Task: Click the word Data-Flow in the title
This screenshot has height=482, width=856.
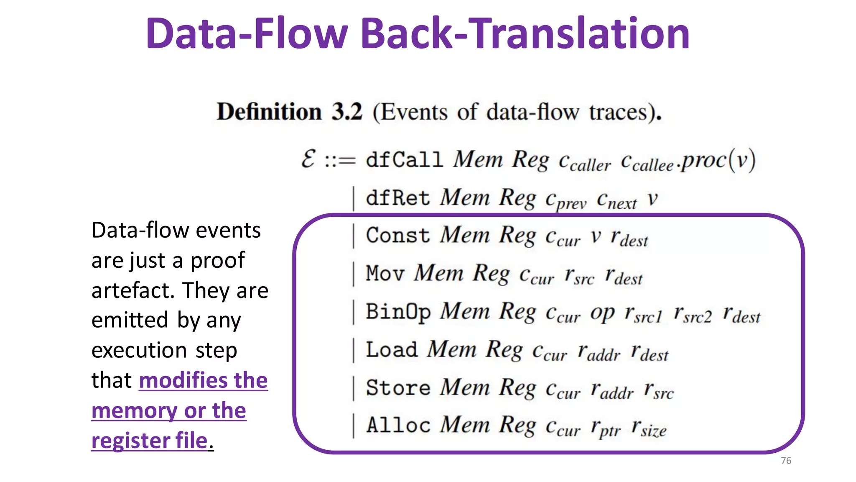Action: (x=247, y=33)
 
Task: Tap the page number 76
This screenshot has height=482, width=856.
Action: (x=786, y=461)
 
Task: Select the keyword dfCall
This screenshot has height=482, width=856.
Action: (x=404, y=160)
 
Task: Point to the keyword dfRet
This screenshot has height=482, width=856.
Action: (x=397, y=198)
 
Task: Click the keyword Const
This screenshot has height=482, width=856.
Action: (x=397, y=235)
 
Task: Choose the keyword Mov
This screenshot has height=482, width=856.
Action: (x=385, y=274)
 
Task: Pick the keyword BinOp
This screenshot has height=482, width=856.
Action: (x=397, y=312)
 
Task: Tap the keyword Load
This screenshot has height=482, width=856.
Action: (x=392, y=350)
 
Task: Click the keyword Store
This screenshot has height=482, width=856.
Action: (x=397, y=387)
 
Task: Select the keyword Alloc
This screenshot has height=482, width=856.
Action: (x=398, y=425)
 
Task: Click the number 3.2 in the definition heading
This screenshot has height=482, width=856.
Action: (x=347, y=112)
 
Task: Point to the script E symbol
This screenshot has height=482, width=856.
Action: (x=308, y=159)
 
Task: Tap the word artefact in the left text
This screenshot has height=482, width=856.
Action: (x=132, y=290)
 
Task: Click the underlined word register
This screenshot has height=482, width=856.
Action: (x=130, y=441)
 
